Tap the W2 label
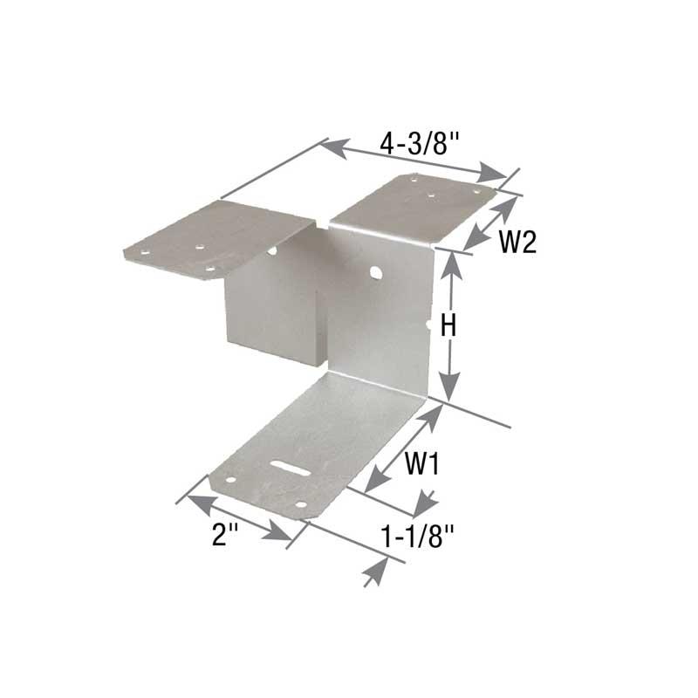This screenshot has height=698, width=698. (x=517, y=242)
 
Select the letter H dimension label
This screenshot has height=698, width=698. (x=448, y=325)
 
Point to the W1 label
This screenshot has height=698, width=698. (x=421, y=463)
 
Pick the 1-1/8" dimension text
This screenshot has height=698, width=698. (x=417, y=536)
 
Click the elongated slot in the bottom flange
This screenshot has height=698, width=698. (x=291, y=468)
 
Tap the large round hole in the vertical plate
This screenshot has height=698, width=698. (x=375, y=271)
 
